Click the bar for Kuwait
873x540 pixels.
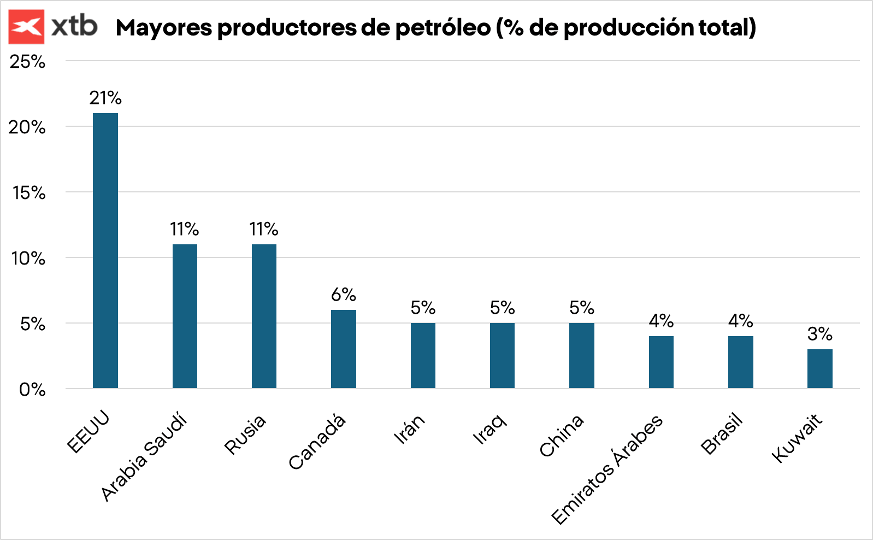click(819, 368)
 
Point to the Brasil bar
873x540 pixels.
click(740, 362)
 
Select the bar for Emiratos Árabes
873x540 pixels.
click(661, 362)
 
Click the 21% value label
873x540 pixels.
click(105, 98)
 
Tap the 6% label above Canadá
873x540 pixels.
click(344, 295)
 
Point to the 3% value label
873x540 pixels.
click(819, 334)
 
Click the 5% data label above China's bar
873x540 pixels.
click(582, 308)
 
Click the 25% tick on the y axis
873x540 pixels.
click(27, 61)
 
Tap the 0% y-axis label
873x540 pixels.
click(32, 390)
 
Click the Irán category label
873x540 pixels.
click(409, 429)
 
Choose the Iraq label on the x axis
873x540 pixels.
click(490, 429)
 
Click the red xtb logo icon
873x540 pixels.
click(26, 26)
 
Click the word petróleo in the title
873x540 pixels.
click(443, 28)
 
